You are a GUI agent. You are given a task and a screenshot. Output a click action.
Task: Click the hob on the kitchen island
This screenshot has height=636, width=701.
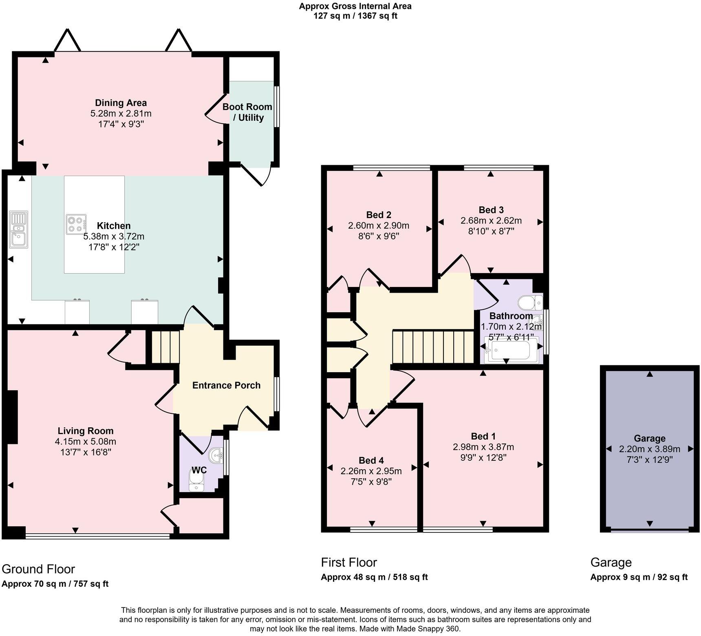[76, 224]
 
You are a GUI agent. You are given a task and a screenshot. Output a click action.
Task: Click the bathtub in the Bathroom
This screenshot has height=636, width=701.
[511, 350]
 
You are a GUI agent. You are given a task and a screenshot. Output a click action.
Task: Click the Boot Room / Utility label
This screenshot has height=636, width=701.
[247, 112]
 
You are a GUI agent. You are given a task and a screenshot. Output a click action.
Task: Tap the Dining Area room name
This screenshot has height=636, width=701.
[121, 103]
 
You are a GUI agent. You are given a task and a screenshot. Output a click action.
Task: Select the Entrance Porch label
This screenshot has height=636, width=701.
[226, 385]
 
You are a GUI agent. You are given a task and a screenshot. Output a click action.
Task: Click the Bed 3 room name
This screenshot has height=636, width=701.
[491, 210]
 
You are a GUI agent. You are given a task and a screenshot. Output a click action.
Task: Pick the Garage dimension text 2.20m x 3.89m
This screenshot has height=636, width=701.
[650, 449]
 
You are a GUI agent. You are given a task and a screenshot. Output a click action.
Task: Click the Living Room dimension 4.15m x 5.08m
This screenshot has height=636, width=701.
[86, 441]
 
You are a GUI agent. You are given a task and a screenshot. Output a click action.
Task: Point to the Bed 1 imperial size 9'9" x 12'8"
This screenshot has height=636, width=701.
[483, 457]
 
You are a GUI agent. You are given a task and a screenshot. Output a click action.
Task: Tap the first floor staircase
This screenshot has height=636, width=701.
[433, 347]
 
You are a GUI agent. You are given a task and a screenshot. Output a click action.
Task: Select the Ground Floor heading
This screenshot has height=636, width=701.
[39, 569]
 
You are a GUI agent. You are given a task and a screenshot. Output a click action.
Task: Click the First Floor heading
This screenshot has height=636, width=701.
[349, 562]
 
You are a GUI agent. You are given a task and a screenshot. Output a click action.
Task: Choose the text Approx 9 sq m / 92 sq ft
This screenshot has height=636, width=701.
[639, 577]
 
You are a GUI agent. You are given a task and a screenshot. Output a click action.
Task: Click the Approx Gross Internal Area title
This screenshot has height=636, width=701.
[355, 6]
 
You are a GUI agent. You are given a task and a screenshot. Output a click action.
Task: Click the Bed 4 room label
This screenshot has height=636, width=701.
[371, 460]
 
